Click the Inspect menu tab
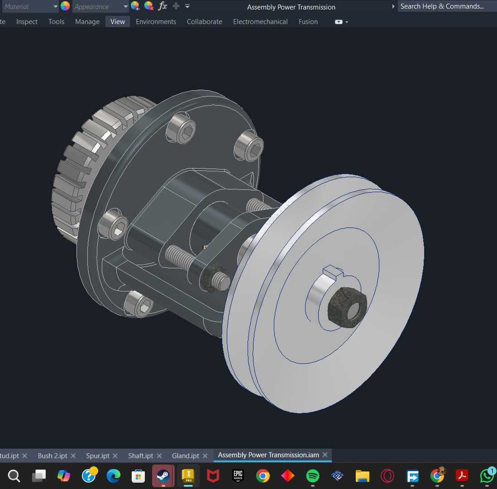coord(27,22)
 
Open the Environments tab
coord(156,22)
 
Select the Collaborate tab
coord(204,22)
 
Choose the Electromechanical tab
coord(260,22)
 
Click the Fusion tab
coord(308,22)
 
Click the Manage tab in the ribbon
coord(87,22)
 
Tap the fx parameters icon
coord(162,6)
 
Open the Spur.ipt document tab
coord(98,455)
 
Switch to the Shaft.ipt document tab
coord(140,455)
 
